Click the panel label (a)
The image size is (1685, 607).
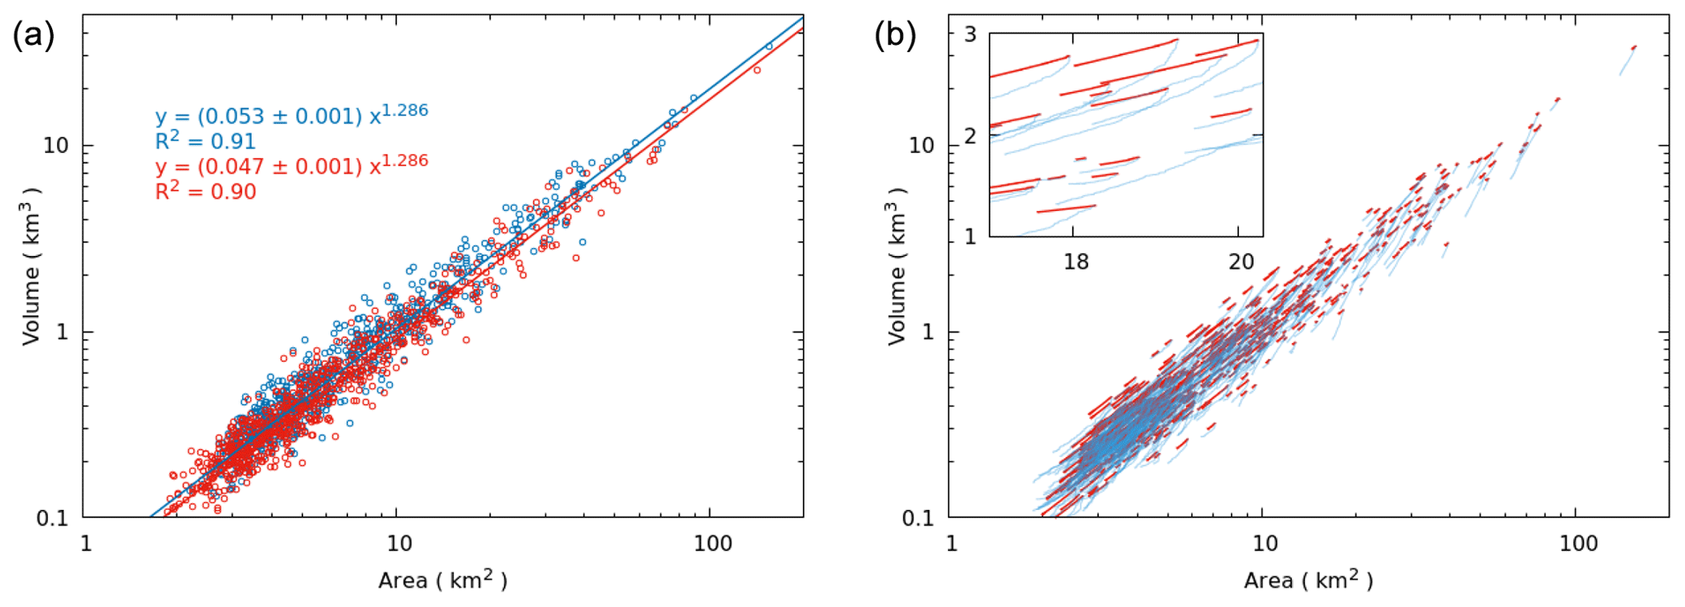tap(33, 36)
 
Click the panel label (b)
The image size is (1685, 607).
tap(895, 36)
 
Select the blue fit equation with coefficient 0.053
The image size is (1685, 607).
tap(291, 115)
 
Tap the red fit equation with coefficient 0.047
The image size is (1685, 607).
tap(291, 165)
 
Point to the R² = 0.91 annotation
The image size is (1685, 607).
tap(205, 141)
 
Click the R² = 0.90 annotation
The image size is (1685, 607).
tap(205, 191)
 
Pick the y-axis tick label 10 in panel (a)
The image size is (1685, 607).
tap(56, 146)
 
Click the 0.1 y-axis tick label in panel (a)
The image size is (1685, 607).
tap(52, 518)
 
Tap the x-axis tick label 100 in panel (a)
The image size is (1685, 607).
tap(712, 543)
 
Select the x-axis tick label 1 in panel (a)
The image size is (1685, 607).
tap(85, 543)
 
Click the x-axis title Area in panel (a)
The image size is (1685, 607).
tap(443, 580)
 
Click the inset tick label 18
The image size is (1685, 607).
tap(1075, 262)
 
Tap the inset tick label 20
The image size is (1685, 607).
tap(1241, 262)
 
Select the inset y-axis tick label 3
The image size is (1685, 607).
tap(970, 34)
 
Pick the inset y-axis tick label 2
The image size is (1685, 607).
tap(970, 136)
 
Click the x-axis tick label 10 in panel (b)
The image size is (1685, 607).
tap(1264, 543)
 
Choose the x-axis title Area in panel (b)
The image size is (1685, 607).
tap(1308, 580)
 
